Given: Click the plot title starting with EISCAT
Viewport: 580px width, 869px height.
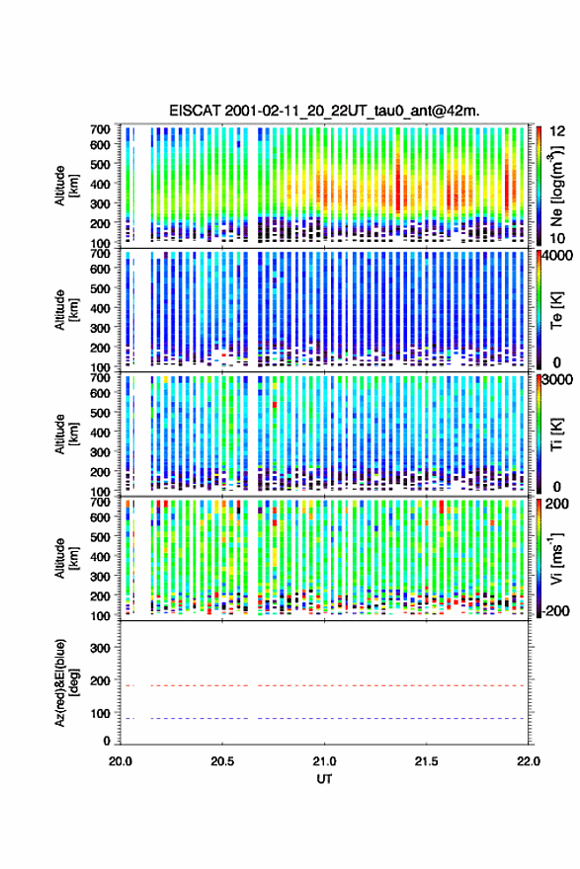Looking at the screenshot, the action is (x=324, y=111).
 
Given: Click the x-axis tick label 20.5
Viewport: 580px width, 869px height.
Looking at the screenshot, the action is (x=222, y=761).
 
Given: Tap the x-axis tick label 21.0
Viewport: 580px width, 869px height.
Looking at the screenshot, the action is (x=324, y=761).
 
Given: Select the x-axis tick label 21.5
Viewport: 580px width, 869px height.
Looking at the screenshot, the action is (x=427, y=761).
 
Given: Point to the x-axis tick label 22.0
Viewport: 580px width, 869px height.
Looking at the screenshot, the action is (x=528, y=761).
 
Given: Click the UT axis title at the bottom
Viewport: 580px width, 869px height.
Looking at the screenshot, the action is (x=324, y=779).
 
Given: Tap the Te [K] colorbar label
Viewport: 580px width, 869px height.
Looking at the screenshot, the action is (x=556, y=310).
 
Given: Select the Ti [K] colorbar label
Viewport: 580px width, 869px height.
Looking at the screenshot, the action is (x=556, y=434).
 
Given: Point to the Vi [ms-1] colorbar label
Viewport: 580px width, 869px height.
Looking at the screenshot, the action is (x=556, y=558).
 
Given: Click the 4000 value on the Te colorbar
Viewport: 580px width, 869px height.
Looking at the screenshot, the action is (x=558, y=256).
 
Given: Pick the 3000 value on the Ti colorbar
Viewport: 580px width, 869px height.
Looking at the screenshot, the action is (x=558, y=379).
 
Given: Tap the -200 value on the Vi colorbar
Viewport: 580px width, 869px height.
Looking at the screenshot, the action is (x=556, y=610).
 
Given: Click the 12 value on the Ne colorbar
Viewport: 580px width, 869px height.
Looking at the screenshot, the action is (x=557, y=131).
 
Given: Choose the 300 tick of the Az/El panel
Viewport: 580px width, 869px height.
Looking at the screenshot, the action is (x=101, y=648).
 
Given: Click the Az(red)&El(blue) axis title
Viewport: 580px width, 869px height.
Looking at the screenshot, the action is (x=66, y=682).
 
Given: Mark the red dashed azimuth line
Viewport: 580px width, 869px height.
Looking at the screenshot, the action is (x=324, y=685).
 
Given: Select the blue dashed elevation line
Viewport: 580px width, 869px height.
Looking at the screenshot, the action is (x=324, y=718).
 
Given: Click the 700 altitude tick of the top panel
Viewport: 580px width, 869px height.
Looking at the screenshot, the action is (x=101, y=129).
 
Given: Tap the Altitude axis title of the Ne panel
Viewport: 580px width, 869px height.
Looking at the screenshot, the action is (x=66, y=186).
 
